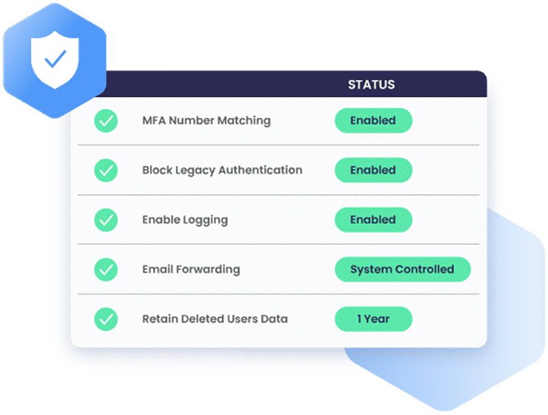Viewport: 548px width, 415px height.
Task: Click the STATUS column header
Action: click(x=371, y=84)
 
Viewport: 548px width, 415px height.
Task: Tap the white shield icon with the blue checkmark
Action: click(x=55, y=59)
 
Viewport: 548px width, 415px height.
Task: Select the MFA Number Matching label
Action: click(x=206, y=120)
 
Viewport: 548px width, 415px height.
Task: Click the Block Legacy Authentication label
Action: click(x=222, y=170)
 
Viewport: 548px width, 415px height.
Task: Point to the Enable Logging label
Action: click(x=185, y=220)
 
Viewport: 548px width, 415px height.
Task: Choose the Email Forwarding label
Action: click(x=191, y=270)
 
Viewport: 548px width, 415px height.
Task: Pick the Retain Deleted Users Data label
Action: click(x=215, y=319)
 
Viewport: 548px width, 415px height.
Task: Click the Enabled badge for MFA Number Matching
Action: click(x=373, y=120)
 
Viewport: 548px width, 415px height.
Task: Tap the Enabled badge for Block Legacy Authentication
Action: click(x=373, y=170)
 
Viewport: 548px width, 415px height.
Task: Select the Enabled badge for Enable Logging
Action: click(x=373, y=220)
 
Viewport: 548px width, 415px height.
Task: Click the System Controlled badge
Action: click(x=403, y=270)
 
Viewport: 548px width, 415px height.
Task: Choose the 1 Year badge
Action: click(x=373, y=319)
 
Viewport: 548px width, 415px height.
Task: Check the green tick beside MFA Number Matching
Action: click(x=106, y=121)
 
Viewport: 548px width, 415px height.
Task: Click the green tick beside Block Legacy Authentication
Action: click(x=106, y=170)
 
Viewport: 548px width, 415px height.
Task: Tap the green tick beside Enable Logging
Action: click(x=106, y=220)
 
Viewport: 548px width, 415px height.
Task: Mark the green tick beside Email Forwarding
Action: click(x=106, y=270)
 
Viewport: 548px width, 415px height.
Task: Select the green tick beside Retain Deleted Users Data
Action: click(x=106, y=319)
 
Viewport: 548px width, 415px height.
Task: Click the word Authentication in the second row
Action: click(x=260, y=170)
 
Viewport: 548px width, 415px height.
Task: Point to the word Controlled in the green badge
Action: click(x=424, y=269)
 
